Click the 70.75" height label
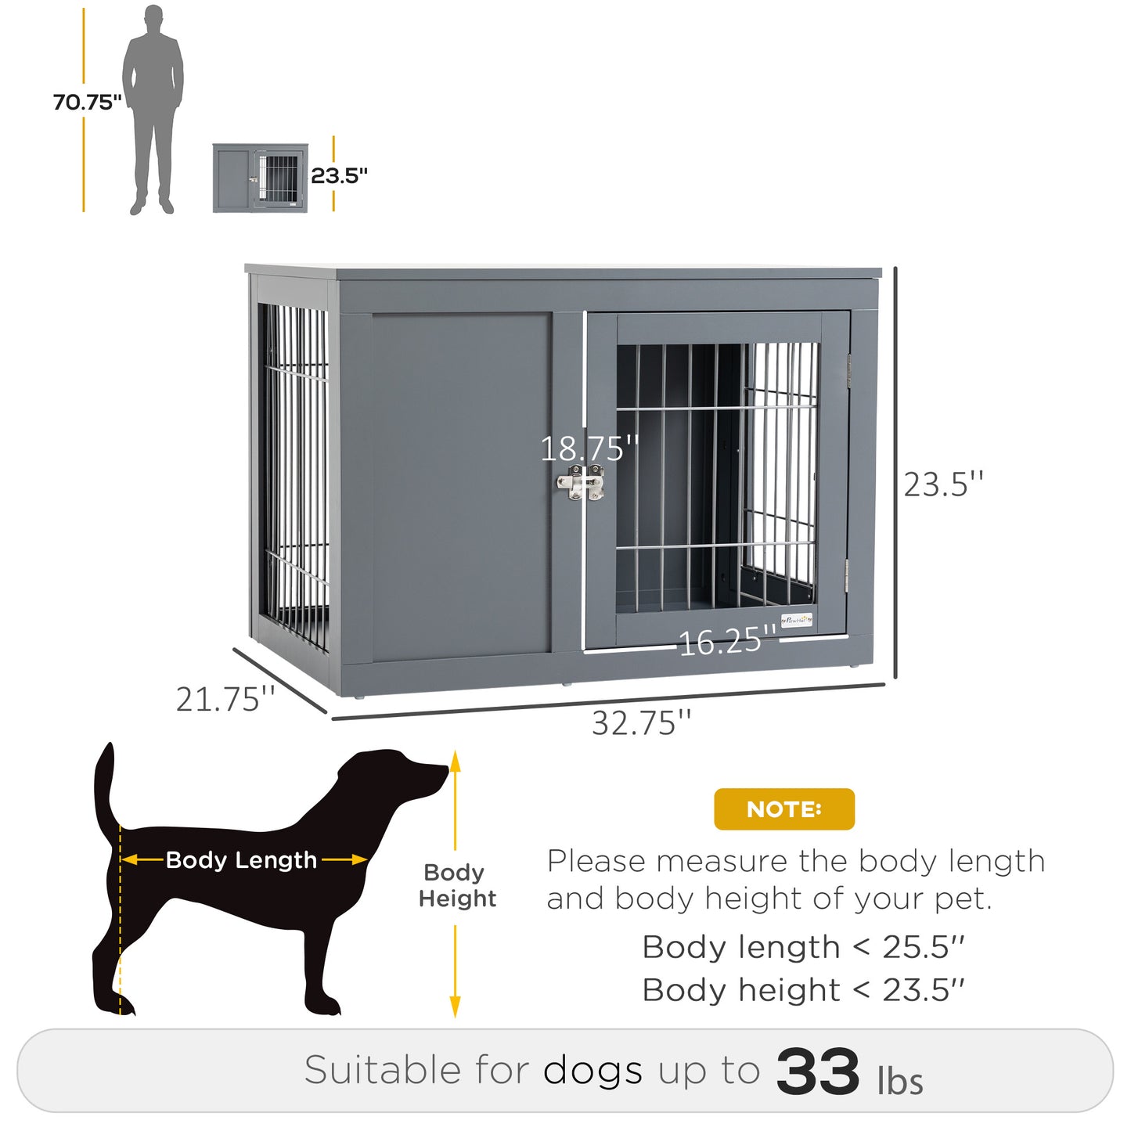coord(87,103)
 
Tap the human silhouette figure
coord(153,110)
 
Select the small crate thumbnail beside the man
coord(260,178)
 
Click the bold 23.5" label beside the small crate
coord(339,175)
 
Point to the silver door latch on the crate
coord(581,483)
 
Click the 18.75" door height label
coord(589,448)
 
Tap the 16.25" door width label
coord(727,642)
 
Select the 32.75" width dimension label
coord(641,723)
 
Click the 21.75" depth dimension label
coord(225,699)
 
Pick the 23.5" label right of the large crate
coord(943,484)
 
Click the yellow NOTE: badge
coord(783,809)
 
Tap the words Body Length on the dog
coord(241,860)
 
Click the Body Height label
coord(457,885)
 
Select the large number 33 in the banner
coord(817,1072)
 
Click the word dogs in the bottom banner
coord(593,1071)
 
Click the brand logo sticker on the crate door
coord(797,620)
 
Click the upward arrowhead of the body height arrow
coord(456,762)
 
